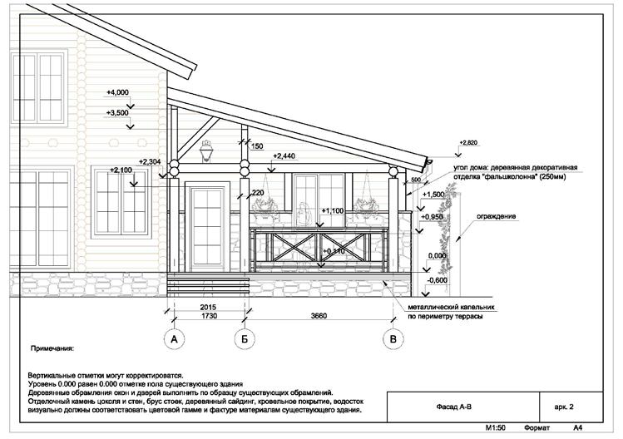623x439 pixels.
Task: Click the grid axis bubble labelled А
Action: [x=175, y=339]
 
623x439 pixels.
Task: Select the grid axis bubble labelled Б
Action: [x=245, y=339]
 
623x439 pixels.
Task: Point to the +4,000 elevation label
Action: [x=118, y=91]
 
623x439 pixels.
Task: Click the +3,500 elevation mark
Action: [x=118, y=112]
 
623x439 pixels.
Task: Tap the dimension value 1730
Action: [x=209, y=317]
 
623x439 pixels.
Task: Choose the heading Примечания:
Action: [x=52, y=351]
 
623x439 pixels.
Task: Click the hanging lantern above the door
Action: [x=206, y=149]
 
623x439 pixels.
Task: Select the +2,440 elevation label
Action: [x=284, y=156]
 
